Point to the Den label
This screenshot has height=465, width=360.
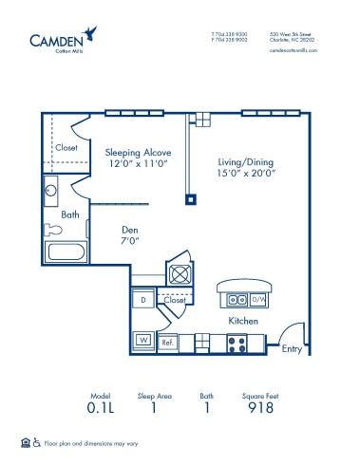[131, 229]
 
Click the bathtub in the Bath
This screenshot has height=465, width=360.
[65, 254]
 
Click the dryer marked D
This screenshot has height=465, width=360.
[142, 301]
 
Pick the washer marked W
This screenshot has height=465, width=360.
[143, 338]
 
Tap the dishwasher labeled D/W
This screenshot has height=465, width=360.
[256, 300]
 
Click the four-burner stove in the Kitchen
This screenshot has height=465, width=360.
[239, 344]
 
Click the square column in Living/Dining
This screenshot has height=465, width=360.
[191, 199]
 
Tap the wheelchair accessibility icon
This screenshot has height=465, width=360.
[37, 443]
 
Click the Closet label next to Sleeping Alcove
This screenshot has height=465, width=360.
[66, 148]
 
